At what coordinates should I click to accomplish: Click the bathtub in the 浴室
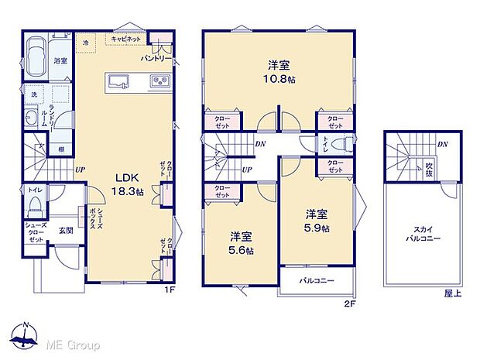pyautogui.click(x=36, y=56)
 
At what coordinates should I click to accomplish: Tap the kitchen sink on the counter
pyautogui.click(x=120, y=81)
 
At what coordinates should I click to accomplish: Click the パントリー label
pyautogui.click(x=156, y=58)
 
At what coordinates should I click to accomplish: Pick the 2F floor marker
pyautogui.click(x=349, y=303)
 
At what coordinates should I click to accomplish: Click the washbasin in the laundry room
pyautogui.click(x=31, y=118)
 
